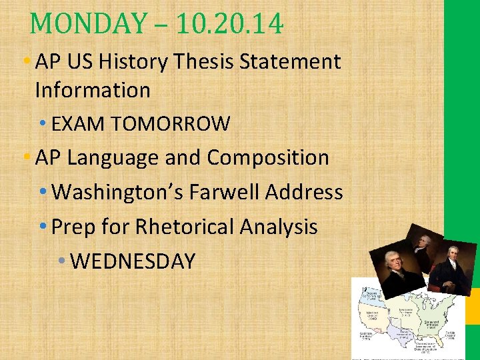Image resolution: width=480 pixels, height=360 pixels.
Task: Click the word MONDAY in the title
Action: coord(87,24)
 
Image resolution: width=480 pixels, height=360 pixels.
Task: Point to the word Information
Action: coord(93,89)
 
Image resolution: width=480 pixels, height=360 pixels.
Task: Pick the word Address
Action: coord(304,193)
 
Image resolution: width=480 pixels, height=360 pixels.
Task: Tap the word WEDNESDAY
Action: coord(132,261)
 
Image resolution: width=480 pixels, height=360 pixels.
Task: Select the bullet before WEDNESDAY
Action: coord(61,261)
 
